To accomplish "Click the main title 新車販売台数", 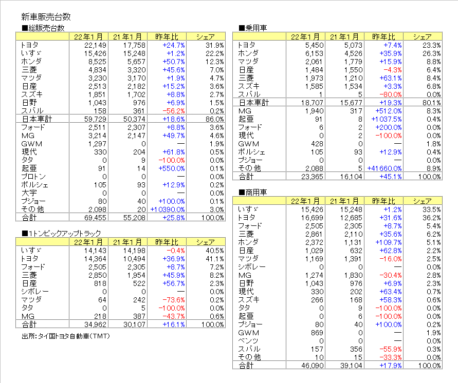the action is pyautogui.click(x=46, y=17).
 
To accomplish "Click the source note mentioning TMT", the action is pyautogui.click(x=66, y=336).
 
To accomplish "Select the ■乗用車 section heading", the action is pyautogui.click(x=253, y=28).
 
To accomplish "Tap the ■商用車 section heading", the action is pyautogui.click(x=253, y=192).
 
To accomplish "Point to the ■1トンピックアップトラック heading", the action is pyautogui.click(x=61, y=234).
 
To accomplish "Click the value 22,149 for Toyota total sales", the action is pyautogui.click(x=96, y=45).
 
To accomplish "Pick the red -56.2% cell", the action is pyautogui.click(x=174, y=111).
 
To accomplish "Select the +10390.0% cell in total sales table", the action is pyautogui.click(x=168, y=210).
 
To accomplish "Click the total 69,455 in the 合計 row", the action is pyautogui.click(x=96, y=218).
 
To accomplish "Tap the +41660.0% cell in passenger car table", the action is pyautogui.click(x=384, y=168).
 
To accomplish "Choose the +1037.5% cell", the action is pyautogui.click(x=387, y=119).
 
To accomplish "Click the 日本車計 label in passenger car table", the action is pyautogui.click(x=254, y=103).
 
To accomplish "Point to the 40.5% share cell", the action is pyautogui.click(x=215, y=251).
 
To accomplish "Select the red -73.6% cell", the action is pyautogui.click(x=176, y=300).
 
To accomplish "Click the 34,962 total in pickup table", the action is pyautogui.click(x=96, y=324).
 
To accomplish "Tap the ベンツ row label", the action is pyautogui.click(x=248, y=341).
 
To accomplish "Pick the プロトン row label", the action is pyautogui.click(x=33, y=177).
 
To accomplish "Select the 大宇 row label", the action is pyautogui.click(x=29, y=193).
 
